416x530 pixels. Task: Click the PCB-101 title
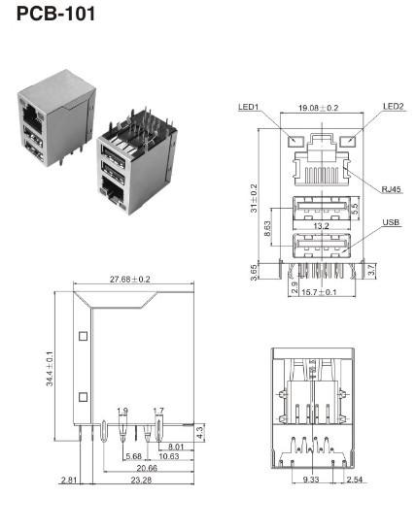coord(54,15)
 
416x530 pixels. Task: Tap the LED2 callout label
coord(392,107)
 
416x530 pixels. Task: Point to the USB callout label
coord(391,222)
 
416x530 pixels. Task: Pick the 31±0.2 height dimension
coord(256,200)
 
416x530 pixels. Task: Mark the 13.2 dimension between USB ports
coord(324,226)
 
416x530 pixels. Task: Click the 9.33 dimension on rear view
coord(311,480)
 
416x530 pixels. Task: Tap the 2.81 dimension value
coord(69,480)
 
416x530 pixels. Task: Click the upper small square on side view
coord(83,336)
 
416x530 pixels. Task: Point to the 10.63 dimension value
coord(169,456)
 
